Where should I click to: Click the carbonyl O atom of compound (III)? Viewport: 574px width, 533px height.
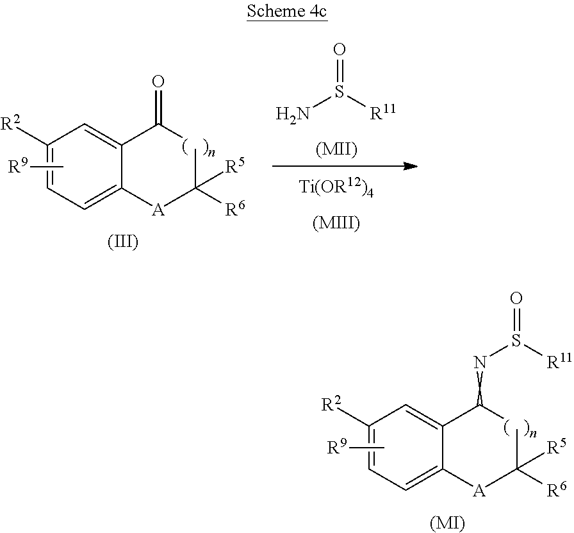pyautogui.click(x=159, y=81)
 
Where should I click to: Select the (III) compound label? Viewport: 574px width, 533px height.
pyautogui.click(x=123, y=243)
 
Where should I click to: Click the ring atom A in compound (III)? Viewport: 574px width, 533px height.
pyautogui.click(x=156, y=210)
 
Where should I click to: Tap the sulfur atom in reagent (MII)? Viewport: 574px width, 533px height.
pyautogui.click(x=340, y=93)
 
